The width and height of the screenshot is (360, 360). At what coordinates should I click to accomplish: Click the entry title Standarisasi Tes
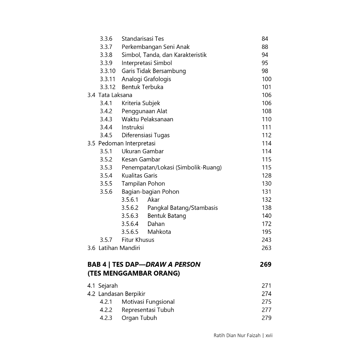click(142, 39)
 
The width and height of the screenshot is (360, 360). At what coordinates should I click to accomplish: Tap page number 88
click(265, 47)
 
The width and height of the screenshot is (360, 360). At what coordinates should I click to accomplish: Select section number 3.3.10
click(107, 71)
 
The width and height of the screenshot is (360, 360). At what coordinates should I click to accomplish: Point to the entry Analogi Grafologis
click(146, 79)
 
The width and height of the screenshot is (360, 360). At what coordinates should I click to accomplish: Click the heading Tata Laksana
click(115, 95)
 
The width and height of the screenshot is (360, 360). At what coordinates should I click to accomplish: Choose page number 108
click(266, 111)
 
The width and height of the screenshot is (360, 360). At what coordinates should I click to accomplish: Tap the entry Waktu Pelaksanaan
click(147, 119)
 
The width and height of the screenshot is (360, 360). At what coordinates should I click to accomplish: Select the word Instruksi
click(133, 127)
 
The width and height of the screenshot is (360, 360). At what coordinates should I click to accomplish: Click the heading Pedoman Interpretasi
click(127, 143)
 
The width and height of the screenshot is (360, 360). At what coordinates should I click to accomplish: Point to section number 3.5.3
click(106, 167)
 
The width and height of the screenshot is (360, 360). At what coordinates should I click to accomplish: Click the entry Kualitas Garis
click(139, 175)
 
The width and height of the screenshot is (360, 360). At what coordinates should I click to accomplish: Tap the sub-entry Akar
click(153, 200)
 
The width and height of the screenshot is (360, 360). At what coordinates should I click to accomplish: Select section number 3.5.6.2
click(130, 208)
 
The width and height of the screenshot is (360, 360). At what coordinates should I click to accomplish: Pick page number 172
click(266, 224)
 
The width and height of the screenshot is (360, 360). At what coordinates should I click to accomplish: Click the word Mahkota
click(159, 232)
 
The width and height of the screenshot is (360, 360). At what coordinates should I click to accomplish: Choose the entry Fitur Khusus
click(138, 240)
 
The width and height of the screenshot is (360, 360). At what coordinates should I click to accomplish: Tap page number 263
click(266, 248)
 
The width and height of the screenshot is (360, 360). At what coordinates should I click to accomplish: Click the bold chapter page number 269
click(265, 264)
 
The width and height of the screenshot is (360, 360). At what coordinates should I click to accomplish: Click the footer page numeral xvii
click(269, 335)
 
